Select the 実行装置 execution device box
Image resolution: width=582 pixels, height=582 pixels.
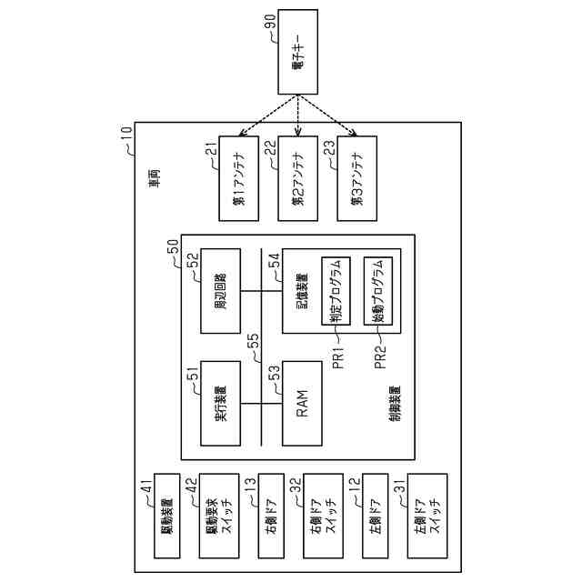[220, 403]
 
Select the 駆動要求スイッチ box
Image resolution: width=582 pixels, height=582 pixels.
[219, 515]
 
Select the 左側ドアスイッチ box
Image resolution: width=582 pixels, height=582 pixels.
[427, 515]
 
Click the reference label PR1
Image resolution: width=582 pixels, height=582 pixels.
[336, 356]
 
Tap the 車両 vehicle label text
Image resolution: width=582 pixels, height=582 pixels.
[156, 178]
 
